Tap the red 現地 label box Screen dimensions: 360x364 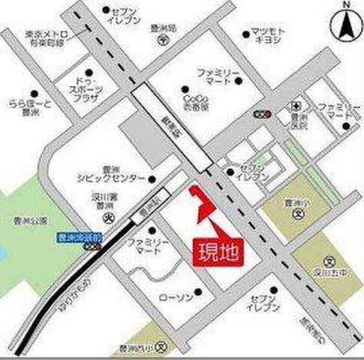(x=218, y=249)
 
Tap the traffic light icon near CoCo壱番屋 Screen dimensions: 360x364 (x=261, y=115)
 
